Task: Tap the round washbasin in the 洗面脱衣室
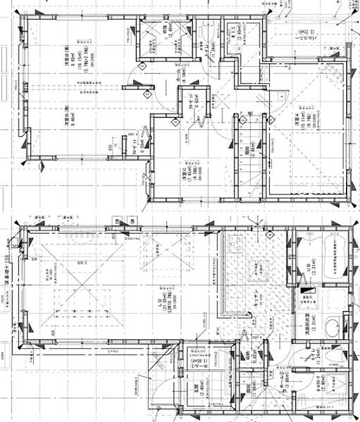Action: click(x=334, y=326)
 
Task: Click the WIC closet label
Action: click(x=239, y=35)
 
